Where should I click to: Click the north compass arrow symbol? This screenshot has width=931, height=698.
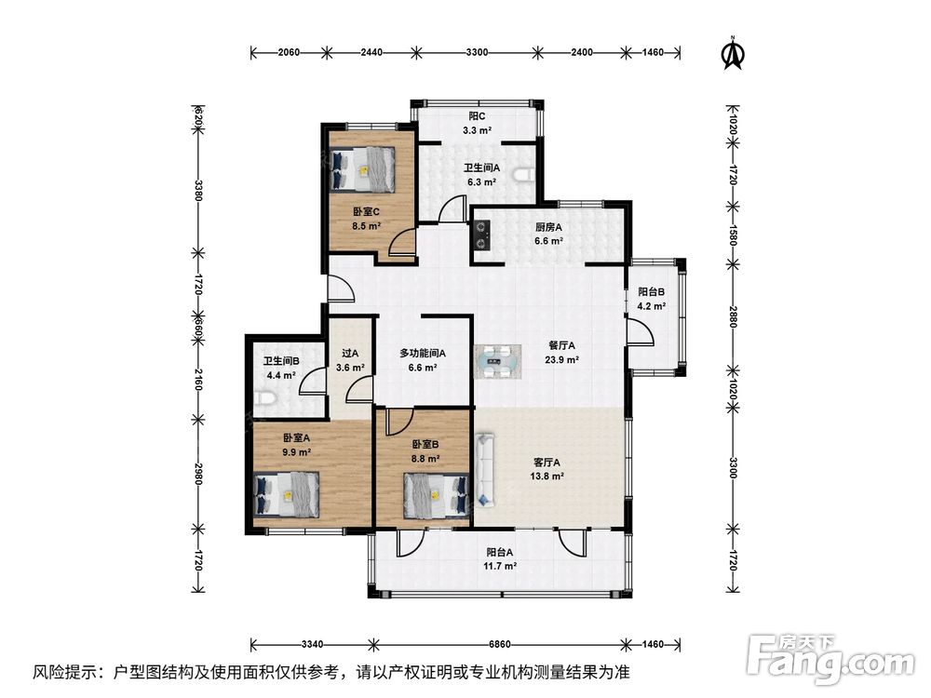click(734, 53)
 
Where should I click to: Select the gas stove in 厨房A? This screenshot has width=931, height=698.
click(481, 234)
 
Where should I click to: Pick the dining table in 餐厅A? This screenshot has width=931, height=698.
click(497, 361)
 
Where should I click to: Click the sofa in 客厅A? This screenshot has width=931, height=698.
click(484, 470)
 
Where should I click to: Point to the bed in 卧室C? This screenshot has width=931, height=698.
click(363, 169)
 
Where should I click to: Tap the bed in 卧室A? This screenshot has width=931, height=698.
click(287, 494)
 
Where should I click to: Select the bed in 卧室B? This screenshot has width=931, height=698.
click(436, 494)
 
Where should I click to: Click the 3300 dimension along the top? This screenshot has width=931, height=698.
click(477, 52)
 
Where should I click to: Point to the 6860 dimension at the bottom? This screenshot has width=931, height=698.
click(499, 644)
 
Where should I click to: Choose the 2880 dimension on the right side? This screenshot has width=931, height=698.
click(734, 316)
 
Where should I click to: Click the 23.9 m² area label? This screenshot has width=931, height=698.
click(561, 359)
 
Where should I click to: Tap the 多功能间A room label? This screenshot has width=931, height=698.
click(422, 353)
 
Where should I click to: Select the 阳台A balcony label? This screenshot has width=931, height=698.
click(499, 552)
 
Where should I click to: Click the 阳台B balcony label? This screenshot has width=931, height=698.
click(652, 292)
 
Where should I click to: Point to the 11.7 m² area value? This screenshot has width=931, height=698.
click(499, 566)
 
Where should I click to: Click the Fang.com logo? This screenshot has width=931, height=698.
click(830, 660)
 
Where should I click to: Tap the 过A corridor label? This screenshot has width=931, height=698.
click(350, 354)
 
